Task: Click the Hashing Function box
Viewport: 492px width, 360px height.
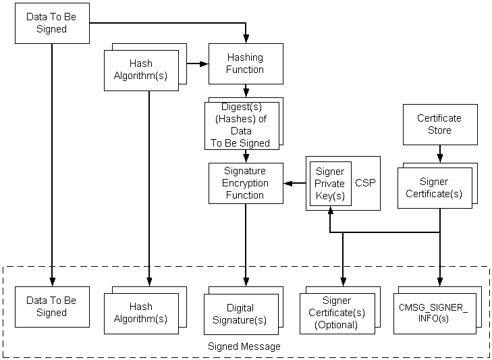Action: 245,63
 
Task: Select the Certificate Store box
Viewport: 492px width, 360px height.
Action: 439,124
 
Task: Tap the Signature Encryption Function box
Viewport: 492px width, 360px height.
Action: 245,183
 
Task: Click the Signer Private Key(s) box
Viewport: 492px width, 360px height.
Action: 330,183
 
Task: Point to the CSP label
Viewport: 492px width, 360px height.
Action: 366,183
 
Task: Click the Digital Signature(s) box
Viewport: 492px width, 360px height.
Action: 241,314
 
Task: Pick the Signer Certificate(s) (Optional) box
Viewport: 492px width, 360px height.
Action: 335,314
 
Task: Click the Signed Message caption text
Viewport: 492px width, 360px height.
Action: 244,346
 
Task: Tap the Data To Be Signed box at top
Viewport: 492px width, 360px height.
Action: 51,24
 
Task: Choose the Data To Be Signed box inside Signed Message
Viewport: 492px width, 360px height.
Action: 51,307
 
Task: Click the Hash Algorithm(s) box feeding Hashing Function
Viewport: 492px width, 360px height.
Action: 141,70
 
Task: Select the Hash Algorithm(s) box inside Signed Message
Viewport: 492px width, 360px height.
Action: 141,313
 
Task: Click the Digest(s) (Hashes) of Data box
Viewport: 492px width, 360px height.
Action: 241,125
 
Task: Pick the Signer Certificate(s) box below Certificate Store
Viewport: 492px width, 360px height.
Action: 434,188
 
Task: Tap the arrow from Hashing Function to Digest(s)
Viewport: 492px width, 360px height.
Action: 246,91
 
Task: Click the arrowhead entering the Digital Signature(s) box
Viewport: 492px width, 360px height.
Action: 246,289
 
